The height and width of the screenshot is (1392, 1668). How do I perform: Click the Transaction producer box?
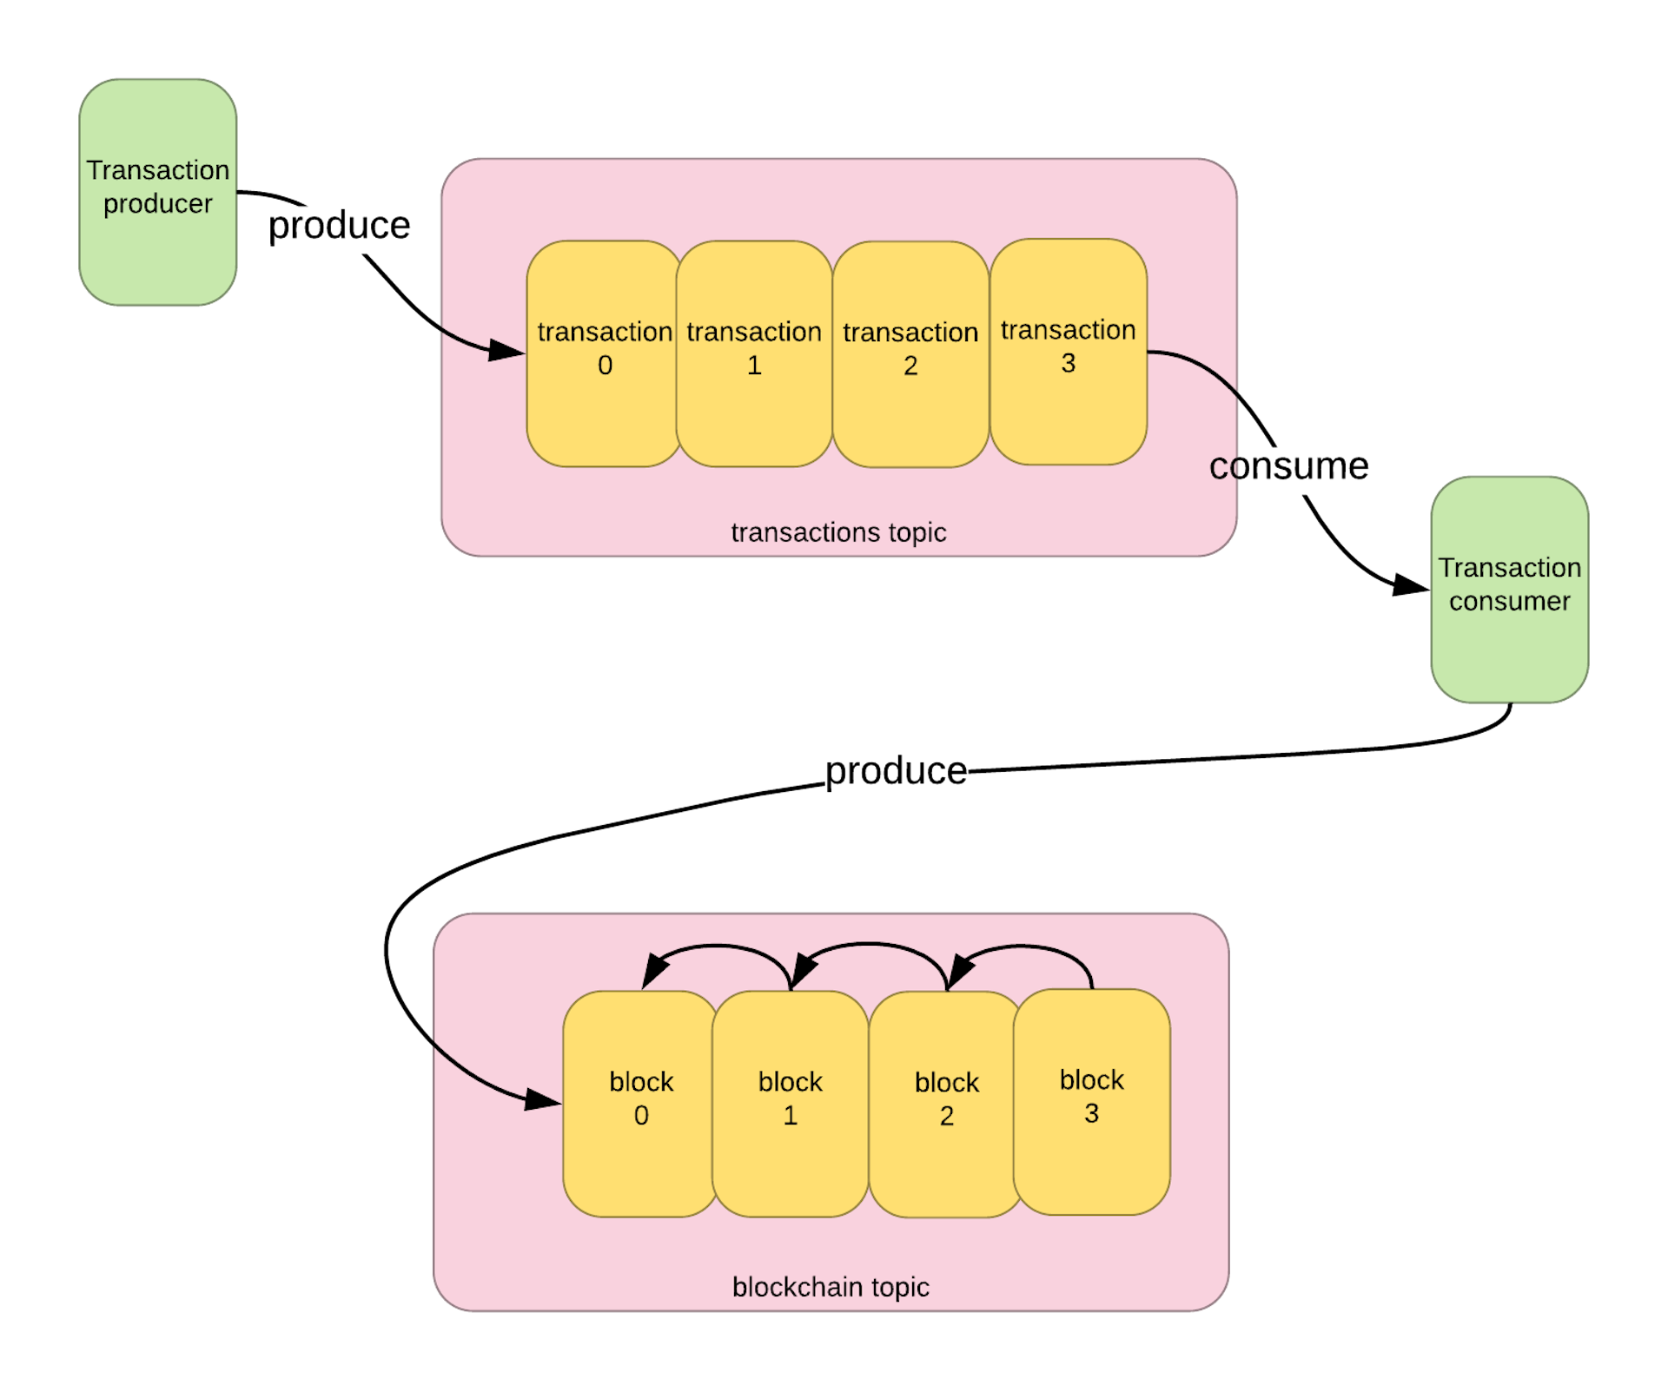click(157, 192)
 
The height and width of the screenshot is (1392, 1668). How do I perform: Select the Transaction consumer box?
click(1509, 589)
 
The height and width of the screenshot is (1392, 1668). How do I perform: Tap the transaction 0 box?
click(604, 353)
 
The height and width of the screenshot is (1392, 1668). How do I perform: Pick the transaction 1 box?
click(753, 353)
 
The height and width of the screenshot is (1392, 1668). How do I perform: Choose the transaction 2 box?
click(910, 354)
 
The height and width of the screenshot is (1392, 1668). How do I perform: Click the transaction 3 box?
click(1068, 352)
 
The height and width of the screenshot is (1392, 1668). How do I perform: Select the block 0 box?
click(640, 1103)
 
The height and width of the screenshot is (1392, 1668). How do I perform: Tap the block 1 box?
click(790, 1103)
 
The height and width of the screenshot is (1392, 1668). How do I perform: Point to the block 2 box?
click(945, 1104)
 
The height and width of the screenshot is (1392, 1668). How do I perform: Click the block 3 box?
click(1091, 1101)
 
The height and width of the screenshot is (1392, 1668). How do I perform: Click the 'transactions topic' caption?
click(838, 531)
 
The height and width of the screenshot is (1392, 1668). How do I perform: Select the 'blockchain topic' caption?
click(831, 1286)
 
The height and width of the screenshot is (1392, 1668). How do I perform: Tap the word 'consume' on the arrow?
click(1288, 467)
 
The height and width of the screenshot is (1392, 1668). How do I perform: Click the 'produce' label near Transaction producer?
click(340, 226)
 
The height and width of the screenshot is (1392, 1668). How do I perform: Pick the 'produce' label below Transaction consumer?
click(895, 771)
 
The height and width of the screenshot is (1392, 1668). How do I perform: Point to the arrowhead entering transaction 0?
click(507, 350)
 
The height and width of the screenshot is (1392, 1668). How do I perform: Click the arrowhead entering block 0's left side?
click(544, 1100)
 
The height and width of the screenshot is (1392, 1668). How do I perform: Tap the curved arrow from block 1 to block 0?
click(721, 947)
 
